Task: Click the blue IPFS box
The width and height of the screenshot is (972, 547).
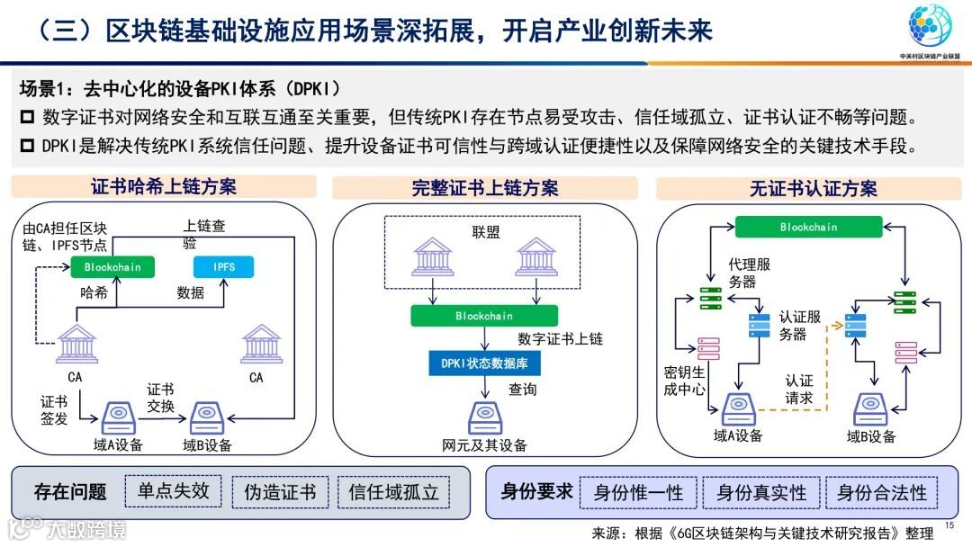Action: click(x=224, y=267)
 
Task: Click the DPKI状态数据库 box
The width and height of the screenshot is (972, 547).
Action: click(x=484, y=363)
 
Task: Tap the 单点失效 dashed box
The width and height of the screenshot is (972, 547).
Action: click(x=173, y=491)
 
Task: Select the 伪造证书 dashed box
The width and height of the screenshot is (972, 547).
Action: click(x=280, y=492)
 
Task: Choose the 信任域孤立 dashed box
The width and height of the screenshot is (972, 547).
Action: click(x=393, y=492)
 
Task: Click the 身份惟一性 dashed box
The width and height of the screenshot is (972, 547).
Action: click(x=638, y=493)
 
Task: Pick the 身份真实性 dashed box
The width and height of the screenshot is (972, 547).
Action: click(x=761, y=493)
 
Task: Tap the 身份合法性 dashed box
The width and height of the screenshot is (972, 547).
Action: click(x=881, y=493)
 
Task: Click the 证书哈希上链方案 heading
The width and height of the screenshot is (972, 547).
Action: click(x=164, y=187)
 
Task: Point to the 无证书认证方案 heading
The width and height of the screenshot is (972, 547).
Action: click(x=813, y=189)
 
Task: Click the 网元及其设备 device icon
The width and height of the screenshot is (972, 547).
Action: click(x=484, y=417)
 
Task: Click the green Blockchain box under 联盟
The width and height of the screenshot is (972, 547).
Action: click(x=484, y=316)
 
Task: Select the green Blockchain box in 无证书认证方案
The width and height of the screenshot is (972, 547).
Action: click(x=808, y=228)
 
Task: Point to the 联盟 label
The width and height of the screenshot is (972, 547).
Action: click(x=486, y=231)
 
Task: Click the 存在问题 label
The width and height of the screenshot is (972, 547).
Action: click(x=70, y=492)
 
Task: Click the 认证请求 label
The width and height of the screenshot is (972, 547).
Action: click(x=798, y=389)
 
